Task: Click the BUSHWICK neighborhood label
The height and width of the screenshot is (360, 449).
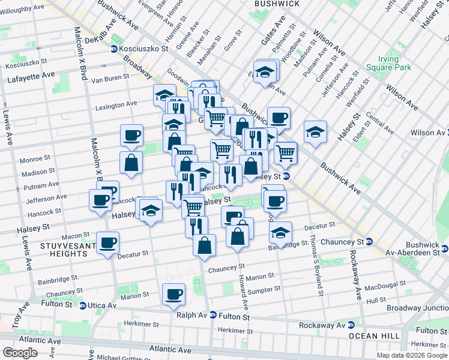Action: click(277, 4)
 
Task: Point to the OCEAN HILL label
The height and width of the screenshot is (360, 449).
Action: click(373, 336)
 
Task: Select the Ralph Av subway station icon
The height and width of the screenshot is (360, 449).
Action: click(212, 315)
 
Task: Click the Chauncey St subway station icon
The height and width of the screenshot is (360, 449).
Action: click(369, 242)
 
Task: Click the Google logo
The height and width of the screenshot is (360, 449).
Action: click(20, 353)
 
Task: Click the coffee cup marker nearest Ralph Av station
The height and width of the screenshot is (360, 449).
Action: click(173, 294)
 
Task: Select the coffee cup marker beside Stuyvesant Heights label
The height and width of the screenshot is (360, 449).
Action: click(108, 243)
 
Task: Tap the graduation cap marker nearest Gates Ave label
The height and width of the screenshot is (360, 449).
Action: click(264, 73)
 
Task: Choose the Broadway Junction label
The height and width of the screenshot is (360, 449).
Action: click(417, 308)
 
